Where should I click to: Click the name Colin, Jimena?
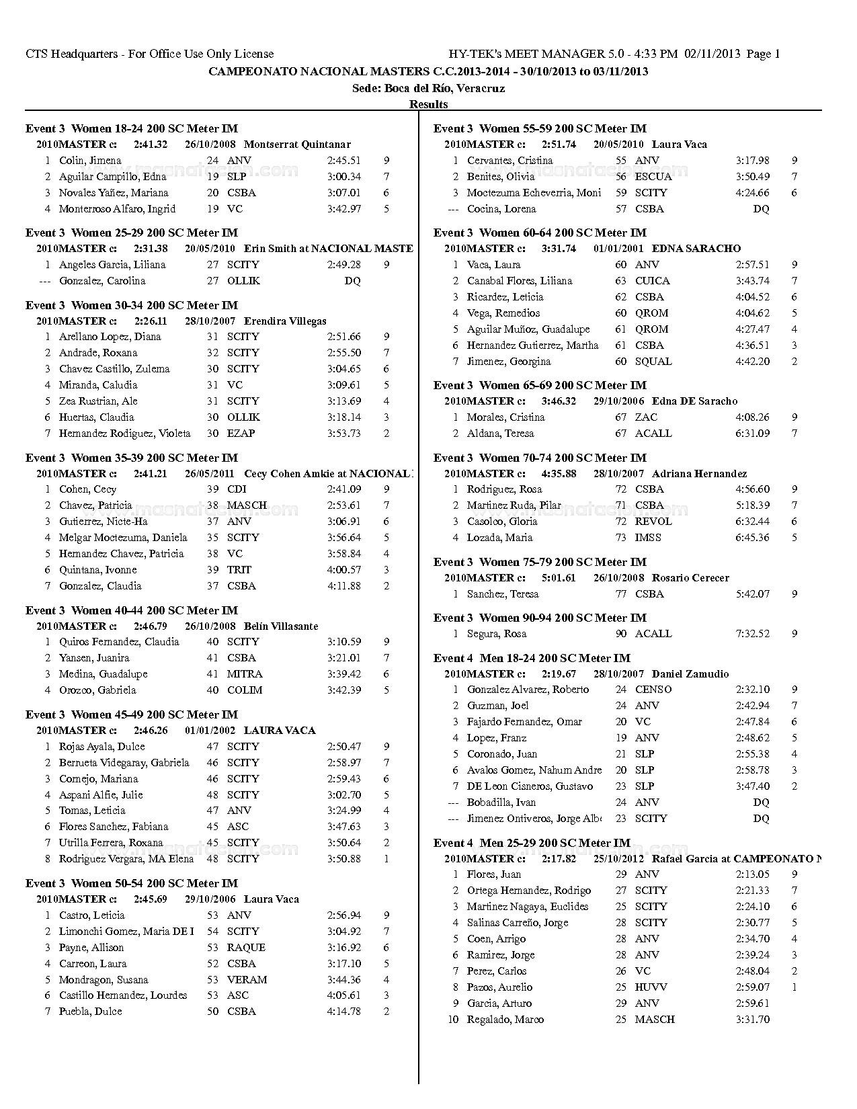pyautogui.click(x=90, y=161)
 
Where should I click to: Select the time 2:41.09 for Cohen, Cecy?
pyautogui.click(x=343, y=489)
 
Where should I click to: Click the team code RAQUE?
pyautogui.click(x=246, y=948)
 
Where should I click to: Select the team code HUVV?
pyautogui.click(x=651, y=987)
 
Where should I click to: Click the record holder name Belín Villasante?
pyautogui.click(x=281, y=626)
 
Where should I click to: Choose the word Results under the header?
pyautogui.click(x=428, y=104)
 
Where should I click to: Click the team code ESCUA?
pyautogui.click(x=653, y=177)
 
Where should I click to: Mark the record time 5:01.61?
pyautogui.click(x=558, y=578)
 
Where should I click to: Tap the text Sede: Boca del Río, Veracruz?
pyautogui.click(x=428, y=88)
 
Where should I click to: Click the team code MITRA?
pyautogui.click(x=245, y=674)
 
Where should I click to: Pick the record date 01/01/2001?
pyautogui.click(x=618, y=249)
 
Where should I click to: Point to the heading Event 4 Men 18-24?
pyautogui.click(x=532, y=658)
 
